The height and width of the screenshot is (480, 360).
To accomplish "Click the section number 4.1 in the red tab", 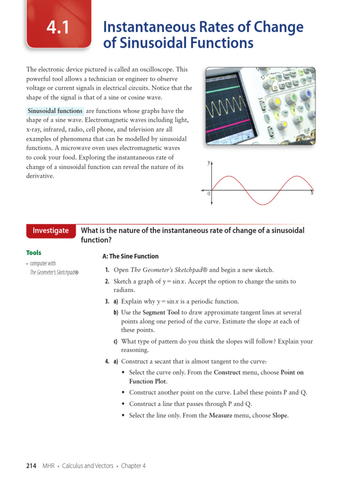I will click(x=58, y=28).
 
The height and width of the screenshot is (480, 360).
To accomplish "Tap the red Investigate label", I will click(x=50, y=231).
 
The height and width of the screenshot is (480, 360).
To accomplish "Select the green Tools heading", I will click(x=34, y=253).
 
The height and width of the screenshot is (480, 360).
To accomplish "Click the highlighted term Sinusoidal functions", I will click(x=55, y=111).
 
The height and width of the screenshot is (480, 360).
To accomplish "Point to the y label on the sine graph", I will click(x=209, y=163).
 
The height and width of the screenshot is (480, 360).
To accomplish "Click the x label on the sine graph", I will click(x=312, y=193).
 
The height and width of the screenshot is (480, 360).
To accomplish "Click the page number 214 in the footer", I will click(x=31, y=465).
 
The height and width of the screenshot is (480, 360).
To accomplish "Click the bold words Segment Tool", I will click(x=161, y=312).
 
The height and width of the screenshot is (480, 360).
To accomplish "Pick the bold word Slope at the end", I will click(x=280, y=415).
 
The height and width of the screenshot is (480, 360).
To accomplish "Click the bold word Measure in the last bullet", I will click(x=220, y=415).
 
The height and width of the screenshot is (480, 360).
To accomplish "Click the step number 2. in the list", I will click(x=107, y=282).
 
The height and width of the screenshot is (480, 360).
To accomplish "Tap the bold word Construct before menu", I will click(x=227, y=373).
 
